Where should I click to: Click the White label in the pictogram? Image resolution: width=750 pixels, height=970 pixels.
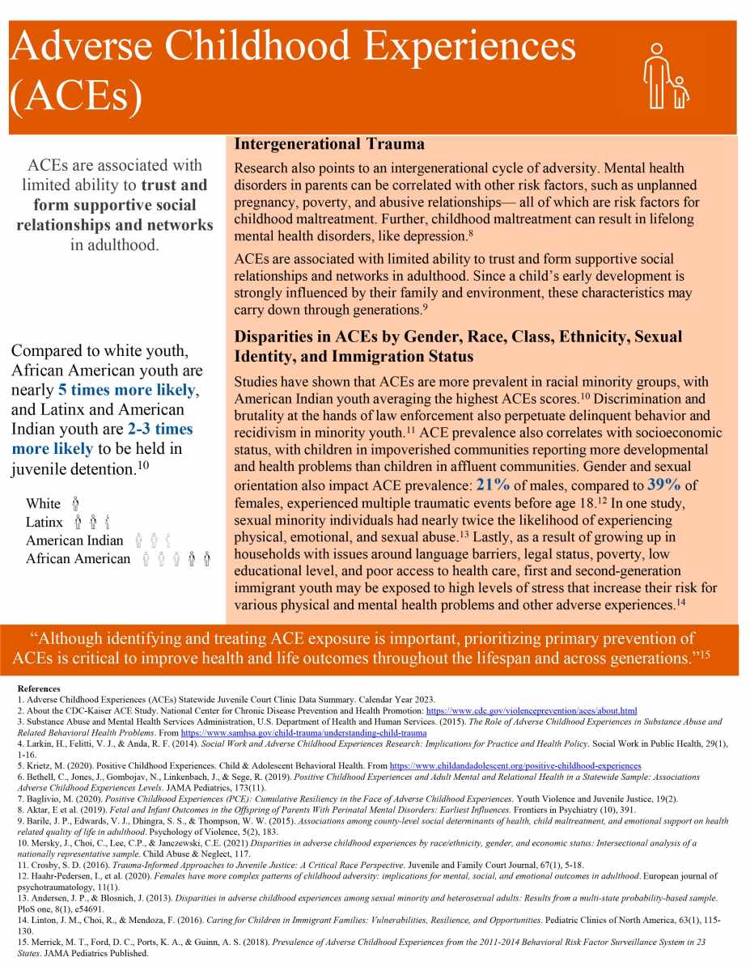coord(43,505)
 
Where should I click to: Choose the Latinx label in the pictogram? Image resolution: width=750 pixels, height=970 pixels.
coord(44,523)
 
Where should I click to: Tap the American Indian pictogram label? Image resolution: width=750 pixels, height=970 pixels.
coord(74,540)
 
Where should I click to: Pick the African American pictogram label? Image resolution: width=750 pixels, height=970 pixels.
coord(78,559)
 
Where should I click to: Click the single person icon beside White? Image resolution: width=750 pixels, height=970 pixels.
coord(75,505)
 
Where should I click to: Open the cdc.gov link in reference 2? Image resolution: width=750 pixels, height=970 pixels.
coord(532,710)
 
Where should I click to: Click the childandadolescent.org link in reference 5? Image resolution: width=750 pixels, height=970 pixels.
coord(515,765)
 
